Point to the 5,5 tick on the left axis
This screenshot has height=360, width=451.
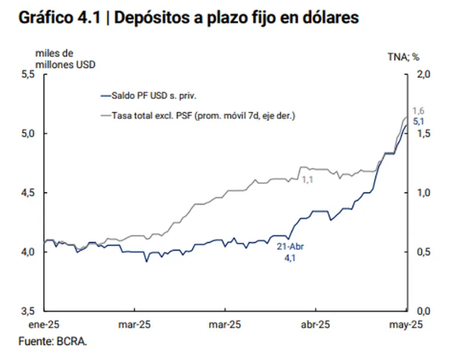tap(26, 74)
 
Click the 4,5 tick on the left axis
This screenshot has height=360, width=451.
tap(26, 192)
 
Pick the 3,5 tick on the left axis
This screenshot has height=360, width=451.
tap(26, 310)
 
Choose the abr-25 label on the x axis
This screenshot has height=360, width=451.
tap(315, 324)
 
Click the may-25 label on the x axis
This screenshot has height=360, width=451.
tap(405, 324)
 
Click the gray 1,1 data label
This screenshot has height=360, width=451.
tap(308, 179)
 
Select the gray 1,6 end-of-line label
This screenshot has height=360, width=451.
tap(419, 110)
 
